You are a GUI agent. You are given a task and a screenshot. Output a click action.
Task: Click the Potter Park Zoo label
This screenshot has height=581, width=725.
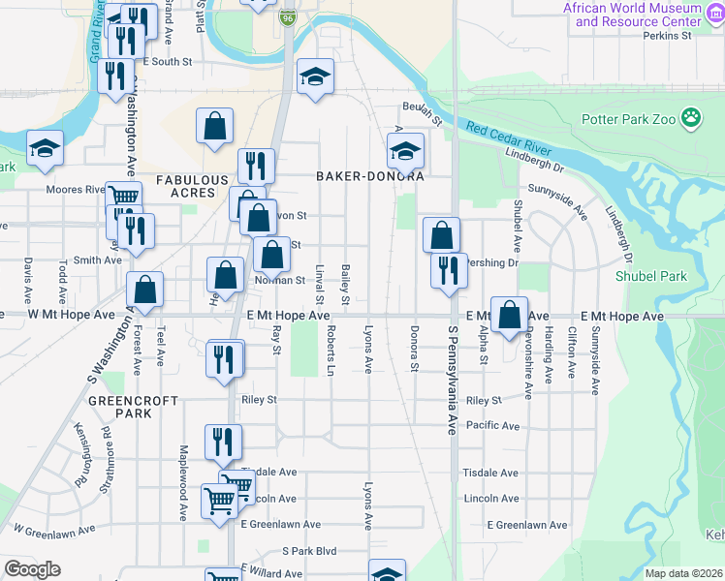tap(628, 120)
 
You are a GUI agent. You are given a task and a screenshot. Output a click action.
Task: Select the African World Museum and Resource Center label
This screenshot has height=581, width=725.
tap(632, 15)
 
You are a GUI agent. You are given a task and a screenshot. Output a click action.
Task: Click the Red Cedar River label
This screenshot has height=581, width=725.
tap(508, 138)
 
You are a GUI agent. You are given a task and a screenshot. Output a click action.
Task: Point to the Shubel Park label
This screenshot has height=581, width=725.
tap(650, 277)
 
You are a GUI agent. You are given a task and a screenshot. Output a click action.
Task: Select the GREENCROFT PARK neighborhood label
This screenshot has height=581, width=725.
tap(120, 406)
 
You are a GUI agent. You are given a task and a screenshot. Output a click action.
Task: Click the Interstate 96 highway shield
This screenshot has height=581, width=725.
tap(288, 18)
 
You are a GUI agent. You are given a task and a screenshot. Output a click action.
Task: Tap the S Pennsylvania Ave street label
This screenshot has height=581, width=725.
tap(452, 378)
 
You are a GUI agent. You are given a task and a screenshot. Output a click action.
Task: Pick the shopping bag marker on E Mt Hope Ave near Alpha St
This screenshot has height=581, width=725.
tap(509, 315)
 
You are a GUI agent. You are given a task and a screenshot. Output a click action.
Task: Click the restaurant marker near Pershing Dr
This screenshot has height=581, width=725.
tap(449, 270)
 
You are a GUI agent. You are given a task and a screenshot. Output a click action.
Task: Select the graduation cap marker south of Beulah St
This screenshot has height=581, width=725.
tap(405, 149)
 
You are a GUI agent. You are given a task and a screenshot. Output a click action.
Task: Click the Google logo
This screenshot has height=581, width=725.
tap(32, 569)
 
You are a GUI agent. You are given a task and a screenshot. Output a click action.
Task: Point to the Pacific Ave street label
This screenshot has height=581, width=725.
tap(492, 425)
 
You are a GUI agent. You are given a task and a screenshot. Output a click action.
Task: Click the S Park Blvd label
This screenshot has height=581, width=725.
tap(309, 551)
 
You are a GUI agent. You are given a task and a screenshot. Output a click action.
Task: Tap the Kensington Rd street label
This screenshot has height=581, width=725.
tap(78, 455)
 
